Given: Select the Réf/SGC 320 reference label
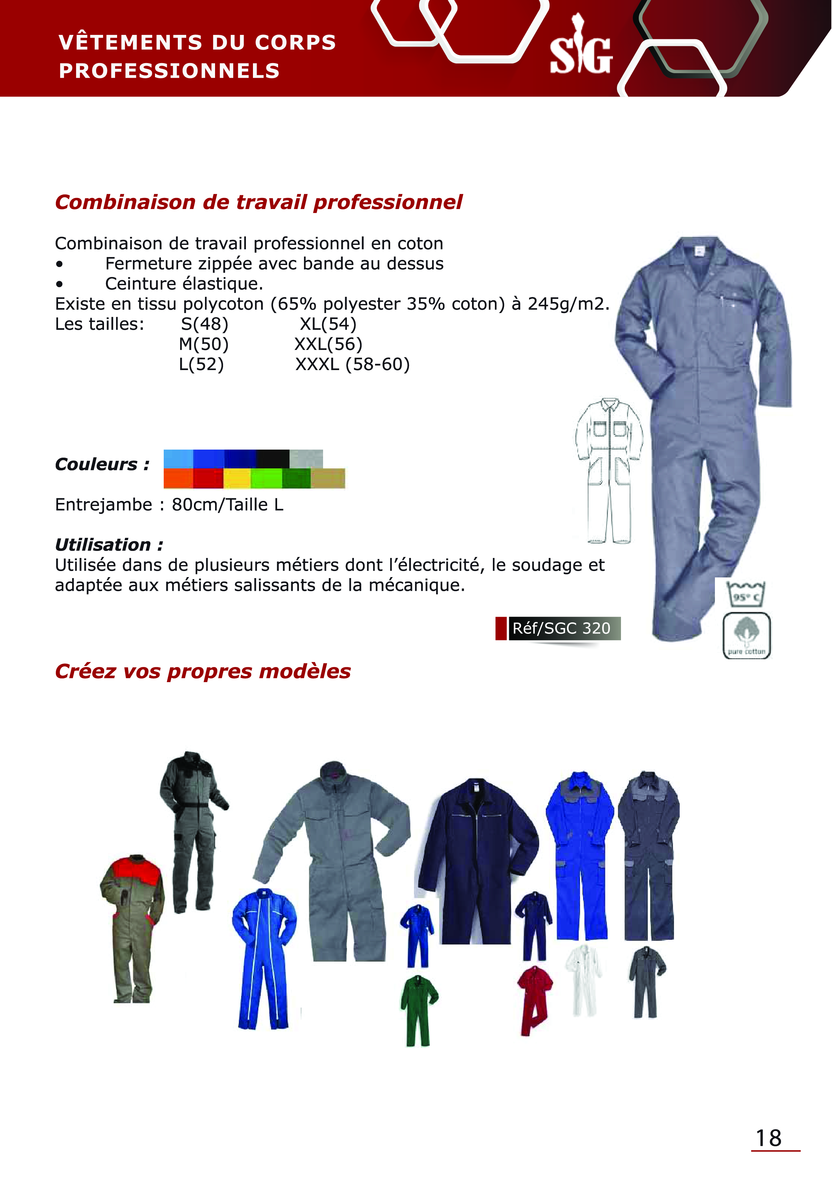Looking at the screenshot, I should click(561, 628).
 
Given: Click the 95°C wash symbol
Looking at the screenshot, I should click(745, 595).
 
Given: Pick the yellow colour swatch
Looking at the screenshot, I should click(237, 479).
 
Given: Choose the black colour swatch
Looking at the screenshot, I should click(273, 459).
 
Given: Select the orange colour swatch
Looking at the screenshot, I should click(178, 479).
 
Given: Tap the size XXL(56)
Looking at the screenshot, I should click(328, 344).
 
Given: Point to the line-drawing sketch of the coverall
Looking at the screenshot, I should click(609, 469).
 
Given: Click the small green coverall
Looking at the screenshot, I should click(418, 1010).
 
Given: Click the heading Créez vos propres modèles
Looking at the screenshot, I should click(203, 671).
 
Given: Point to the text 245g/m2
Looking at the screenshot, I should click(568, 304).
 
